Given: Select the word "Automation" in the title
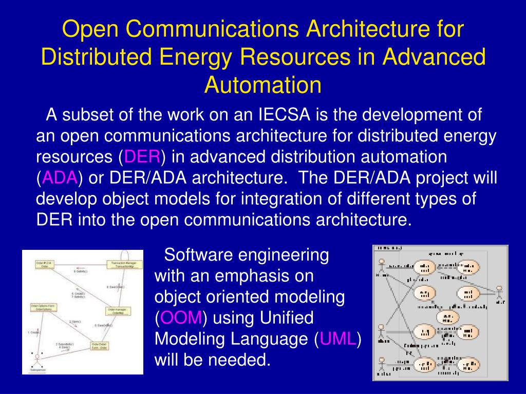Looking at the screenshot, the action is (263, 85).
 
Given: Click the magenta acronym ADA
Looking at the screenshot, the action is (60, 178).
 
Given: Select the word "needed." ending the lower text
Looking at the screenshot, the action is (239, 360).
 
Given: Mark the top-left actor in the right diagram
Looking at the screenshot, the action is (381, 267).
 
